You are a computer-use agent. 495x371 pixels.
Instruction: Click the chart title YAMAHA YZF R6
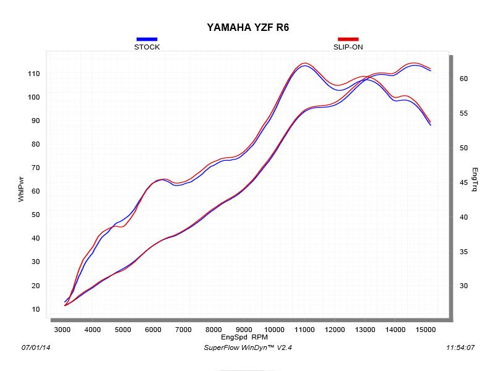247,28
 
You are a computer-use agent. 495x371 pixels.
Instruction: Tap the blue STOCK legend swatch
147,39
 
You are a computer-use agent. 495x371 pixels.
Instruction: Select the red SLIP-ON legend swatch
348,39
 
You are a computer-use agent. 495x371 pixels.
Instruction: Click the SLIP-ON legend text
348,47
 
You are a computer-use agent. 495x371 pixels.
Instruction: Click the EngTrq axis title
475,179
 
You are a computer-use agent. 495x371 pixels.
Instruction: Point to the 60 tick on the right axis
463,79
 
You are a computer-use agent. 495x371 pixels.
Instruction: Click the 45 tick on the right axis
463,182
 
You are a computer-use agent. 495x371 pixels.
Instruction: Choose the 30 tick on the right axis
463,286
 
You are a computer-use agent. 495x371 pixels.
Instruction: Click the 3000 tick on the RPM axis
62,330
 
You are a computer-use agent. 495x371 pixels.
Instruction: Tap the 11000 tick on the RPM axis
304,330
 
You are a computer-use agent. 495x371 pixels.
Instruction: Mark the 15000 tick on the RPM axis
426,330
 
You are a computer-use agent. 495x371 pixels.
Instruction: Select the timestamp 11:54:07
460,348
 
